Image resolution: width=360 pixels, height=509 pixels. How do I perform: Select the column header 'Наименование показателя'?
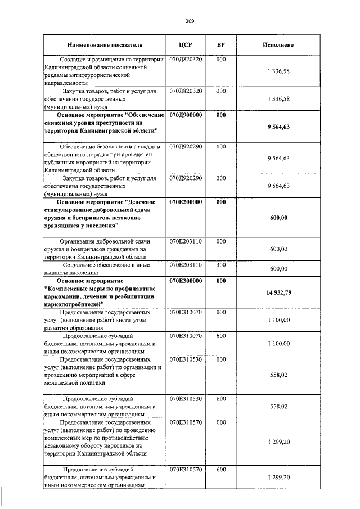point(105,44)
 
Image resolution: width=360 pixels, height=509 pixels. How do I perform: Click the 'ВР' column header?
point(220,44)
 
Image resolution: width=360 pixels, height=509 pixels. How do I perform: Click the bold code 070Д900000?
point(186,115)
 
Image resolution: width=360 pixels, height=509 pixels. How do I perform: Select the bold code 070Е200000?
point(186,201)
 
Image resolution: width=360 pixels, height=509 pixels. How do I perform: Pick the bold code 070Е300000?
point(186,281)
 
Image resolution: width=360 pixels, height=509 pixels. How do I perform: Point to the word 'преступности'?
point(110,123)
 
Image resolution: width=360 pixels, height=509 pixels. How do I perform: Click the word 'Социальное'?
point(82,264)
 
